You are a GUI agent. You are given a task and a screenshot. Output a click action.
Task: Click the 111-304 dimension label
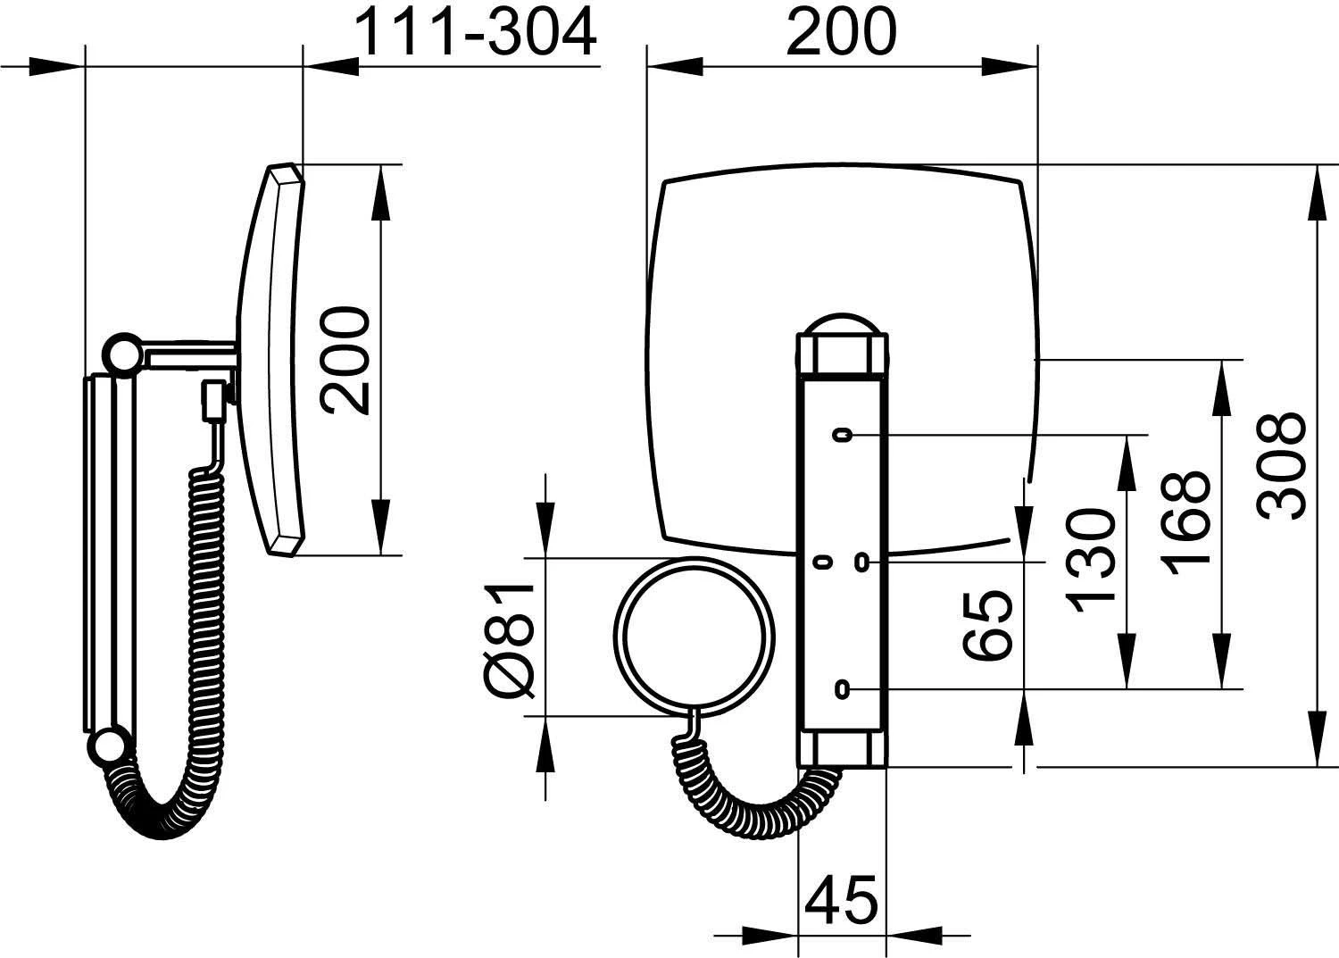coord(476,32)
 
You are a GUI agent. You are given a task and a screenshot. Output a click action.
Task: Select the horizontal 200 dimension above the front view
coord(841,32)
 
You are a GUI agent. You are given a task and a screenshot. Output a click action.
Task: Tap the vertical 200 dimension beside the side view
coord(345,360)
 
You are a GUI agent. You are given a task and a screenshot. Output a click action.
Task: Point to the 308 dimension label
coord(1280,466)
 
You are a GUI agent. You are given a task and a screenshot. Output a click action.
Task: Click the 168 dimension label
coord(1185,524)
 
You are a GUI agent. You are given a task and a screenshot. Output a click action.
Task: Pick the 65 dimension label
coord(987,625)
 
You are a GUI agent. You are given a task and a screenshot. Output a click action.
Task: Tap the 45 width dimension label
coord(841,899)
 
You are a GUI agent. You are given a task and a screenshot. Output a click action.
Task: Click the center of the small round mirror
coord(694,637)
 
